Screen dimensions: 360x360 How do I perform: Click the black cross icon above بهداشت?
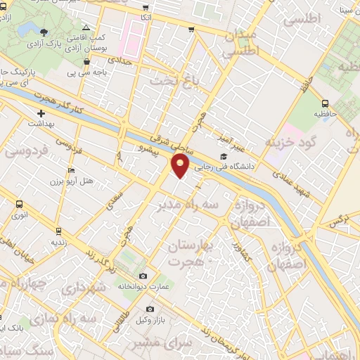[41, 112]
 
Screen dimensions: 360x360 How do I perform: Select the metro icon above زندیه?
[58, 229]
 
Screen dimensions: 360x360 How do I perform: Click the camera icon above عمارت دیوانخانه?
[143, 275]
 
